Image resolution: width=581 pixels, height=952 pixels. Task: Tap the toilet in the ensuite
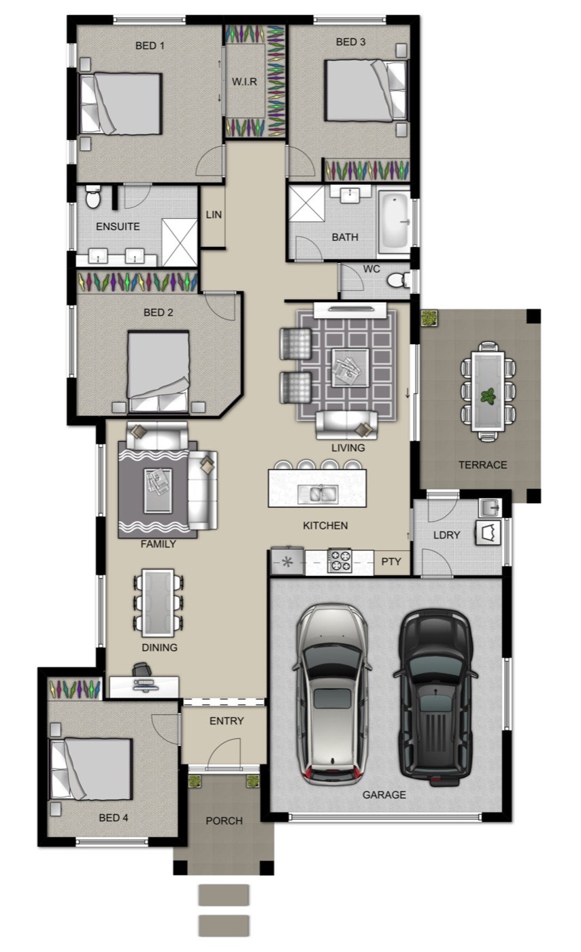coord(93,197)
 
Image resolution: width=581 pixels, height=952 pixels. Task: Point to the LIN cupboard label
coord(214,215)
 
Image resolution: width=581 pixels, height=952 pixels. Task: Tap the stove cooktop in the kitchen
coord(339,561)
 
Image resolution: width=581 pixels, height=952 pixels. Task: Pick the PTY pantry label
coord(391,562)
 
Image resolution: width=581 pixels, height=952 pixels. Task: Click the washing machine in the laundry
coord(488,532)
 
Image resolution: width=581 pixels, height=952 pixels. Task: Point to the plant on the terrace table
coord(488,396)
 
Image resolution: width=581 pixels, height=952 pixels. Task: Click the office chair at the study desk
coord(142,669)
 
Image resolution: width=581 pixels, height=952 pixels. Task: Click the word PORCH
coord(224,821)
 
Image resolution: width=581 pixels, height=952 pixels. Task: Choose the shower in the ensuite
coord(180,243)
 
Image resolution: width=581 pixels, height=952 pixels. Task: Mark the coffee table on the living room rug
coord(350,368)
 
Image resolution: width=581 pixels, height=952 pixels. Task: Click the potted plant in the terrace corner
coord(429,318)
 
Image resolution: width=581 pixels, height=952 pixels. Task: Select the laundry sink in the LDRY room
coord(490,507)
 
